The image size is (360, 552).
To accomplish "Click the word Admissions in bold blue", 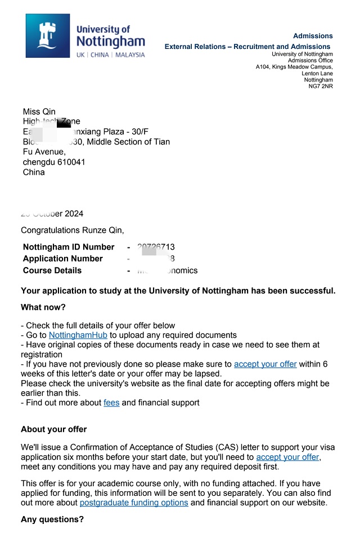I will (x=313, y=36).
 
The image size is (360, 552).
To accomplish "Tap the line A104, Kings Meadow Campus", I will (x=294, y=67).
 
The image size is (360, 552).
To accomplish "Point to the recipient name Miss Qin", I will (x=39, y=112).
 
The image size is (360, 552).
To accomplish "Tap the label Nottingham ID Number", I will (x=69, y=247).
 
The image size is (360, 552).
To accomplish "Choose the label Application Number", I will (x=63, y=259).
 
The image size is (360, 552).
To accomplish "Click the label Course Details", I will (x=52, y=271).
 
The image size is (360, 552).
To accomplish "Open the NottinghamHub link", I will (x=78, y=336).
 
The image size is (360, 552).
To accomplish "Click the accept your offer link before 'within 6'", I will (x=265, y=364).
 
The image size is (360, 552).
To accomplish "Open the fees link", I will (x=111, y=403).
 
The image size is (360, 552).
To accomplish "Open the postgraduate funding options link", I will (x=134, y=503).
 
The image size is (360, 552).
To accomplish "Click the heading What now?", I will (x=43, y=307).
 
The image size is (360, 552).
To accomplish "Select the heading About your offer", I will (x=54, y=429).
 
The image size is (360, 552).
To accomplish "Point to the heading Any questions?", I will (x=52, y=520).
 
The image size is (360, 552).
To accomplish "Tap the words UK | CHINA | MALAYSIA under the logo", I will (x=110, y=55).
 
